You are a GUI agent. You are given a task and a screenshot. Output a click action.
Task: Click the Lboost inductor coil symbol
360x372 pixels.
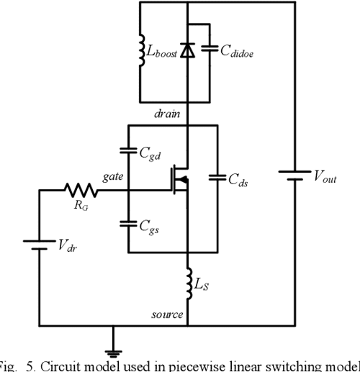coord(140,50)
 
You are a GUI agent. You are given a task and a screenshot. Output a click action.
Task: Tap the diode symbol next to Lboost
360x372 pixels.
coord(188,50)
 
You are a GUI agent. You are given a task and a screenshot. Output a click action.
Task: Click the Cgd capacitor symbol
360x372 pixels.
coord(127,151)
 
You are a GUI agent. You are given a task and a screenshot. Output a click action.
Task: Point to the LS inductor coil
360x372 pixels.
coord(188,284)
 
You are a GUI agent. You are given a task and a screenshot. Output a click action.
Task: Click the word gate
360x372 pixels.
coord(114,176)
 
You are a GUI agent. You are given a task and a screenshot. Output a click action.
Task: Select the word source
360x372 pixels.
coord(166,315)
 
